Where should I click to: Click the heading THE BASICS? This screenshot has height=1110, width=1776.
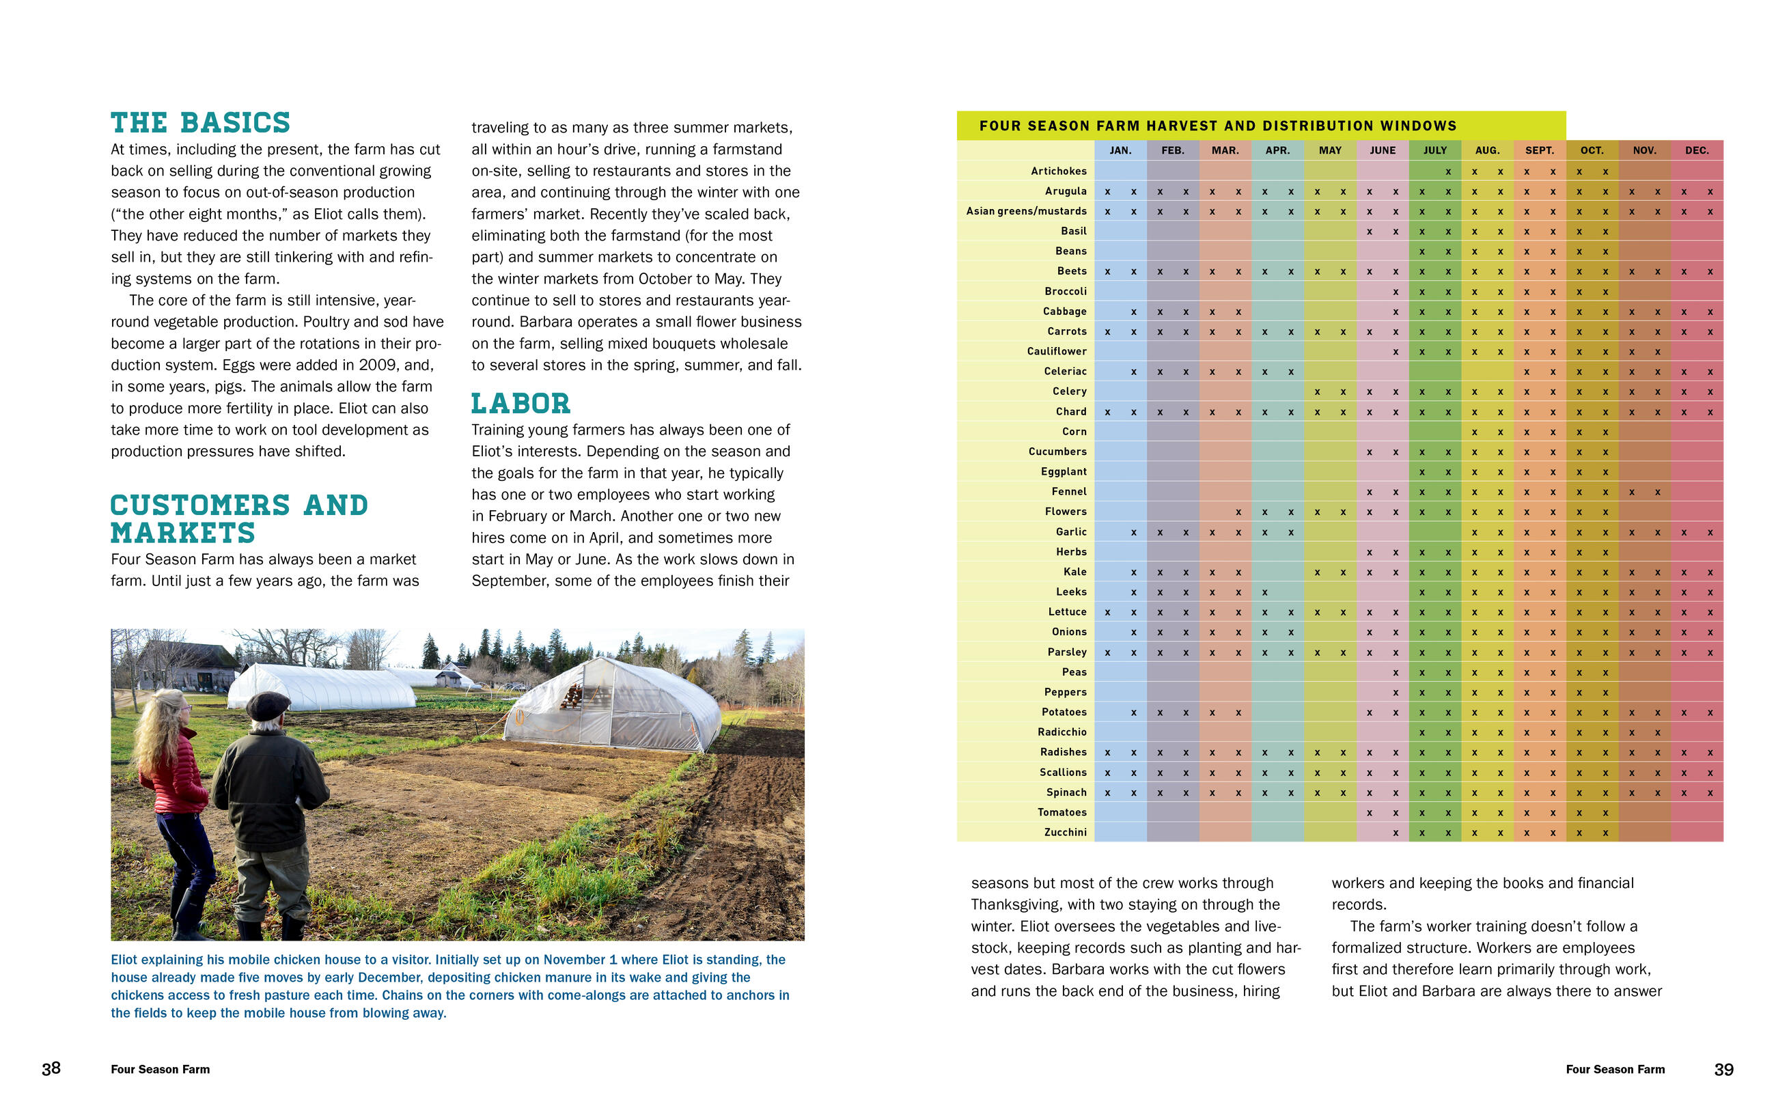pyautogui.click(x=200, y=122)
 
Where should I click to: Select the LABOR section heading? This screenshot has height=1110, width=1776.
pyautogui.click(x=521, y=404)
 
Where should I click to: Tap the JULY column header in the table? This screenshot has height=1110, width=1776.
pyautogui.click(x=1434, y=150)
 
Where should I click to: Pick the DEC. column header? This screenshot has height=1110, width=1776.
pyautogui.click(x=1697, y=150)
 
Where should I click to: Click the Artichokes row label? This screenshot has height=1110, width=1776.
pyautogui.click(x=1058, y=171)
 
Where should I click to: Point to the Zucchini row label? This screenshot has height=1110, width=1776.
pyautogui.click(x=1065, y=833)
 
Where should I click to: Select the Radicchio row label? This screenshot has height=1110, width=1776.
pyautogui.click(x=1062, y=732)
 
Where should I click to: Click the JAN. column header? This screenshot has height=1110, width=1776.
pyautogui.click(x=1120, y=150)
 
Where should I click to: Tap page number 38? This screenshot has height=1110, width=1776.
pyautogui.click(x=51, y=1069)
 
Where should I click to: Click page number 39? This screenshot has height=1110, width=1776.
pyautogui.click(x=1724, y=1070)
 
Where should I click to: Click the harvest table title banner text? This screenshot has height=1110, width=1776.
pyautogui.click(x=1217, y=126)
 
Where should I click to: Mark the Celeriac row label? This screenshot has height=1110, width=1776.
pyautogui.click(x=1065, y=372)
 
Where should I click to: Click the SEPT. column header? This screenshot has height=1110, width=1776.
pyautogui.click(x=1539, y=150)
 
